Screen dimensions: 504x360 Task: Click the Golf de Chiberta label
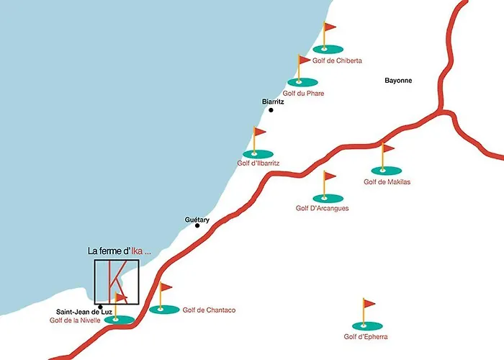pyautogui.click(x=337, y=60)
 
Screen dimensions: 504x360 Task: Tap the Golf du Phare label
pyautogui.click(x=303, y=93)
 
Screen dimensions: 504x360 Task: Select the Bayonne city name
pyautogui.click(x=398, y=81)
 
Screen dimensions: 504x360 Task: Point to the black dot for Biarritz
pyautogui.click(x=271, y=110)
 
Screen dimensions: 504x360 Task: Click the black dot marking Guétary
pyautogui.click(x=197, y=225)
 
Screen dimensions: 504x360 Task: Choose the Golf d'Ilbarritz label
pyautogui.click(x=258, y=163)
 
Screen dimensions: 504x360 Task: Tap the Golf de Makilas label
pyautogui.click(x=387, y=181)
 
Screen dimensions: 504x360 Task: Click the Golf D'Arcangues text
pyautogui.click(x=322, y=208)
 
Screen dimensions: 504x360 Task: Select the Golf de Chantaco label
pyautogui.click(x=209, y=310)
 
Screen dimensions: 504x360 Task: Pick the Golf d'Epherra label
pyautogui.click(x=366, y=336)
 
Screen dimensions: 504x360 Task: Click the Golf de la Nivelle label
pyautogui.click(x=75, y=320)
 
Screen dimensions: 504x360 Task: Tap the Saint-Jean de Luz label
pyautogui.click(x=84, y=312)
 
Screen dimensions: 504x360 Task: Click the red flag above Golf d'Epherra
pyautogui.click(x=369, y=303)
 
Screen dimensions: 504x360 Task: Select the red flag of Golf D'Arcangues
pyautogui.click(x=330, y=176)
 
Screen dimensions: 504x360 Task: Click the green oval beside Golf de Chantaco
pyautogui.click(x=164, y=309)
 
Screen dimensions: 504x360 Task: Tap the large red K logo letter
pyautogui.click(x=117, y=282)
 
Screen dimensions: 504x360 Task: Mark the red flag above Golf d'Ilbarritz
pyautogui.click(x=260, y=132)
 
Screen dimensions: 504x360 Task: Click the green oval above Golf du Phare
pyautogui.click(x=302, y=82)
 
